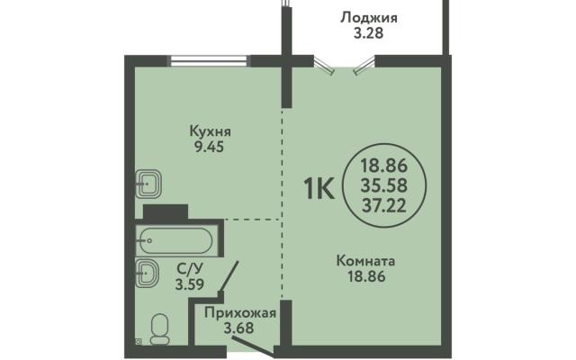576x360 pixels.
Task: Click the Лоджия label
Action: coord(369,18)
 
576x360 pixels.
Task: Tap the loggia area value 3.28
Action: coord(368,33)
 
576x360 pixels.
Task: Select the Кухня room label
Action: coord(210,131)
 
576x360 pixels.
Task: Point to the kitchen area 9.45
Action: coord(209,147)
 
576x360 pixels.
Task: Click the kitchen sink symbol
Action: coord(148,184)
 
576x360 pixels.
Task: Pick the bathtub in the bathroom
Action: coord(174,241)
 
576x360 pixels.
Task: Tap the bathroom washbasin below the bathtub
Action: coord(147,273)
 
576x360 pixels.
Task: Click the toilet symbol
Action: coord(160,329)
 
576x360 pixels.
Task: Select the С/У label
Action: coord(189,269)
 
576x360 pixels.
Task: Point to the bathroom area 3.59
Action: coord(190,284)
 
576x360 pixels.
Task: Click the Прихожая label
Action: coord(240,313)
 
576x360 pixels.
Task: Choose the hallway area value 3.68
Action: coord(239,328)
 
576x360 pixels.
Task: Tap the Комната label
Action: coord(366,261)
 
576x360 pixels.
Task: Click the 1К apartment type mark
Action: coord(319,188)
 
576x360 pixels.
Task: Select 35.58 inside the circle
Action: coord(384,185)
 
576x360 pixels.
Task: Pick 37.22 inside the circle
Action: coord(384,205)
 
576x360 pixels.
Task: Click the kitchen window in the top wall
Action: coord(209,61)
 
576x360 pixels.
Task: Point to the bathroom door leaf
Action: coord(229,276)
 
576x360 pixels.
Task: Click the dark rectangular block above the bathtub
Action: coord(166,211)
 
